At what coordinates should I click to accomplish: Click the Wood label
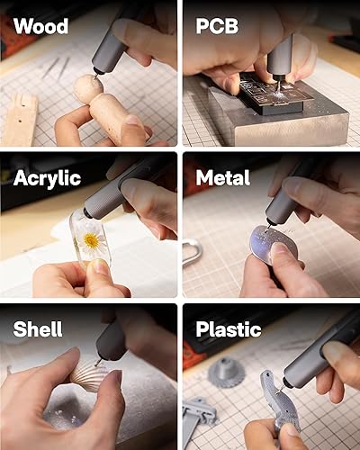tap(40, 25)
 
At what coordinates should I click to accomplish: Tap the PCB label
tap(217, 25)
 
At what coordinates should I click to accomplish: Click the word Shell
tap(38, 328)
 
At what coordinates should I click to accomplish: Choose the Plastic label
tap(229, 328)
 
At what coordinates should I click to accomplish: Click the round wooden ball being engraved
tap(87, 88)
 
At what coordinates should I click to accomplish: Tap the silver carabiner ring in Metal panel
tap(190, 252)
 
